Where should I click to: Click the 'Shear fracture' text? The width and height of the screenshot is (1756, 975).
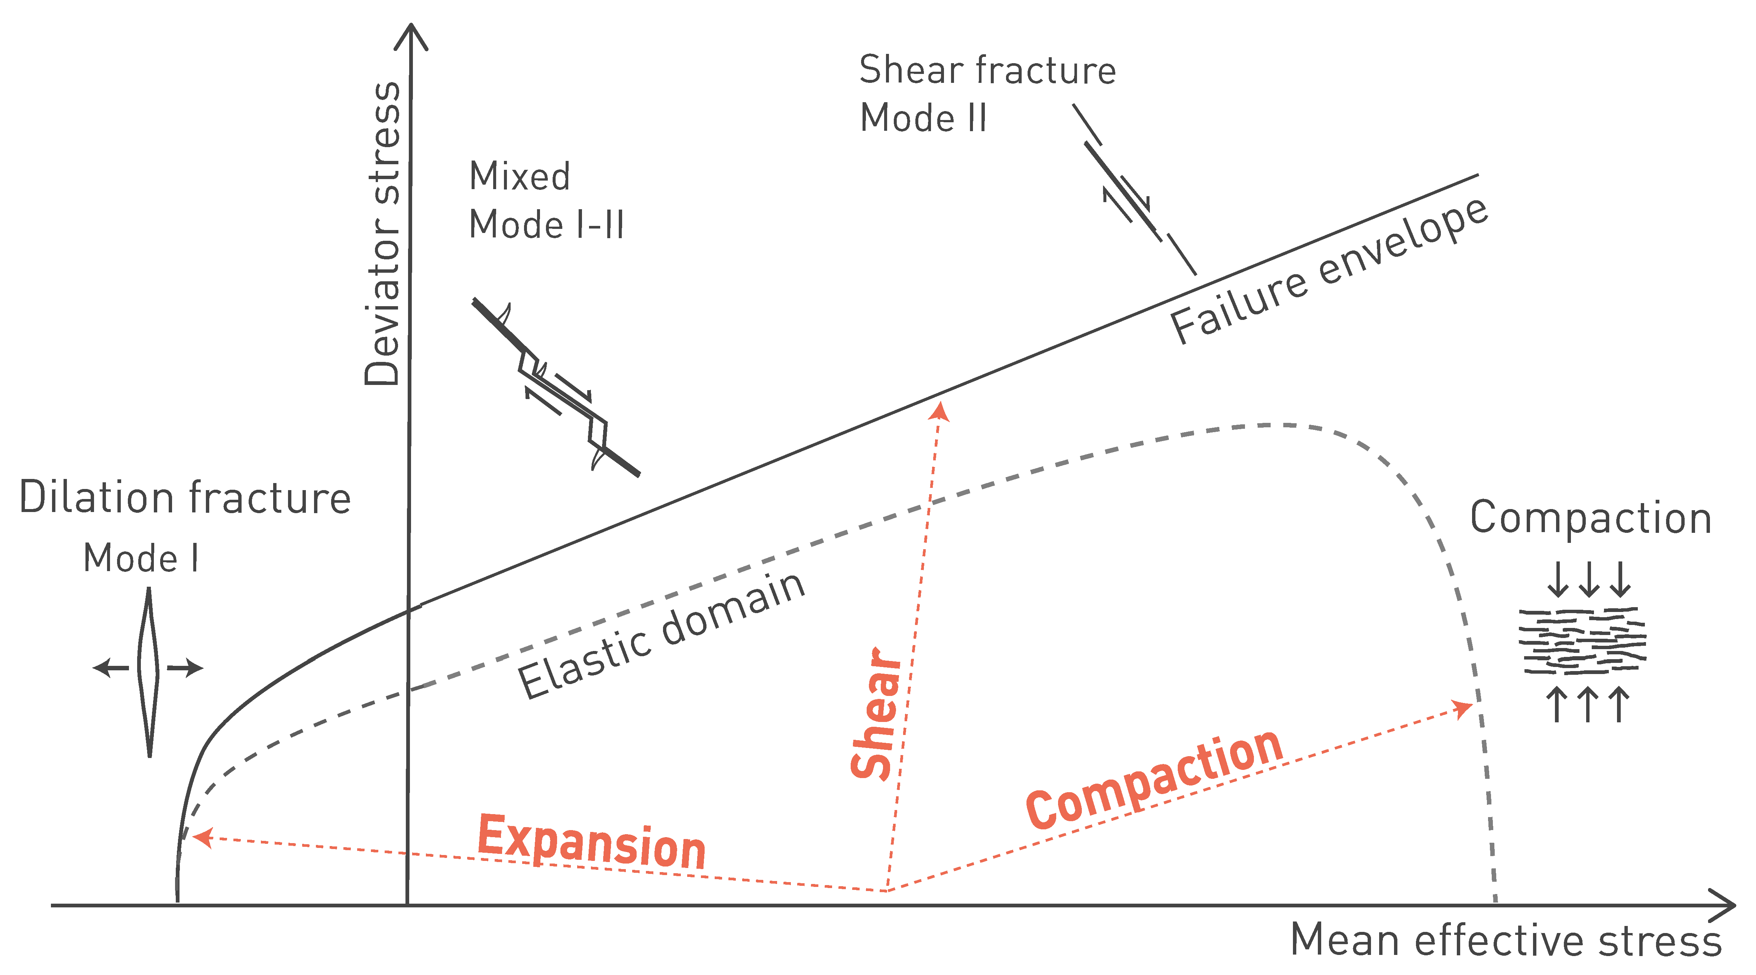tap(987, 70)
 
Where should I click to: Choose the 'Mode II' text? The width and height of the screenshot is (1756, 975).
tap(923, 118)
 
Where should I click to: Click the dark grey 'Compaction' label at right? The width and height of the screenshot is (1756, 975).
tap(1590, 518)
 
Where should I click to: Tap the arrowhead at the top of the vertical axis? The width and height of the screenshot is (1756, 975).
tap(411, 34)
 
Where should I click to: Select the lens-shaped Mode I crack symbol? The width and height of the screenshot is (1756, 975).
tap(149, 671)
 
